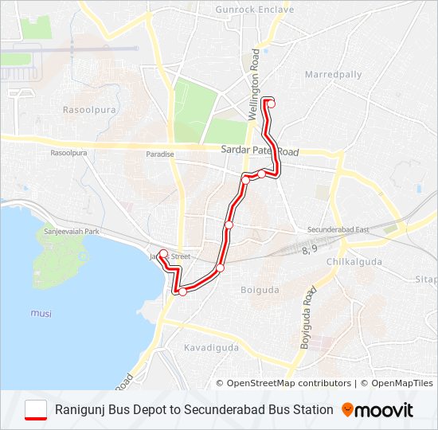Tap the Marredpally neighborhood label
pyautogui.click(x=333, y=75)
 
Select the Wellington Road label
pyautogui.click(x=256, y=84)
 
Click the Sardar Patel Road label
pyautogui.click(x=260, y=150)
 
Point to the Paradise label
pyautogui.click(x=160, y=154)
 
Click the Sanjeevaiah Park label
pyautogui.click(x=71, y=231)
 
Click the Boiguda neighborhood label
pyautogui.click(x=260, y=290)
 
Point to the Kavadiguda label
pyautogui.click(x=212, y=348)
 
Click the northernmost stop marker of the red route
pyautogui.click(x=272, y=102)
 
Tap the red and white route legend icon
pyautogui.click(x=37, y=410)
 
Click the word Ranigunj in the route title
pyautogui.click(x=79, y=410)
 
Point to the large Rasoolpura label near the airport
pyautogui.click(x=84, y=107)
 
